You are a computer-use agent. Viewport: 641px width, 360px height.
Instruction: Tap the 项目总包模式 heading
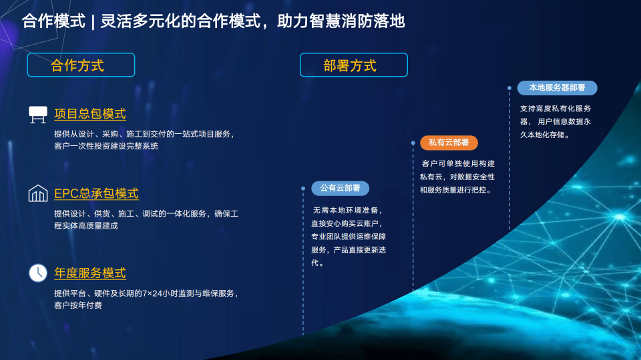(x=90, y=114)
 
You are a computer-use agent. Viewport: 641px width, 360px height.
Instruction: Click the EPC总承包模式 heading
(x=96, y=193)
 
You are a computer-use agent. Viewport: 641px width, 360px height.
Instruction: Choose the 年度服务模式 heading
(x=90, y=273)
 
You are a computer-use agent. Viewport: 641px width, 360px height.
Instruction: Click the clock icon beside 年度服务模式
(x=38, y=273)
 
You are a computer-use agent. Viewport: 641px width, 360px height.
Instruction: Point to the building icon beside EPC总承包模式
(x=38, y=193)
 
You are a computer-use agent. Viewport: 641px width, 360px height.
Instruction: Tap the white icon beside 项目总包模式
(x=38, y=114)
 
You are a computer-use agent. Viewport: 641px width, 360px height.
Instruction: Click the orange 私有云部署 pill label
(x=449, y=143)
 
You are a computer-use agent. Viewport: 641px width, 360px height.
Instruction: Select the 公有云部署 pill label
(x=340, y=188)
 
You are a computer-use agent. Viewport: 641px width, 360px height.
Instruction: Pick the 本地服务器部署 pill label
(x=557, y=88)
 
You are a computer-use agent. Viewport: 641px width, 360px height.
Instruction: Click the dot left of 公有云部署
(x=303, y=188)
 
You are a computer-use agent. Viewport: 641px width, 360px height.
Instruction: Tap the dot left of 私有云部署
(x=413, y=143)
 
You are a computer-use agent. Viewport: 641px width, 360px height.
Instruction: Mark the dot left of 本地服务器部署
(x=509, y=88)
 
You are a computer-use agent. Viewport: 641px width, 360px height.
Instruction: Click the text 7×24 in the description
(x=152, y=293)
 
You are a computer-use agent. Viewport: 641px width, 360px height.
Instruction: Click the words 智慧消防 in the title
(x=341, y=21)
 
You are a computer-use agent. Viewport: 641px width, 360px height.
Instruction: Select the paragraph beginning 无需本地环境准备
(x=349, y=237)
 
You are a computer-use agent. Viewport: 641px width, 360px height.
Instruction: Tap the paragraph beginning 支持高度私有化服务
(x=556, y=121)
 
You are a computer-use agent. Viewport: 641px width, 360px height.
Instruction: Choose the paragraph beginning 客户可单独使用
(x=457, y=177)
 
